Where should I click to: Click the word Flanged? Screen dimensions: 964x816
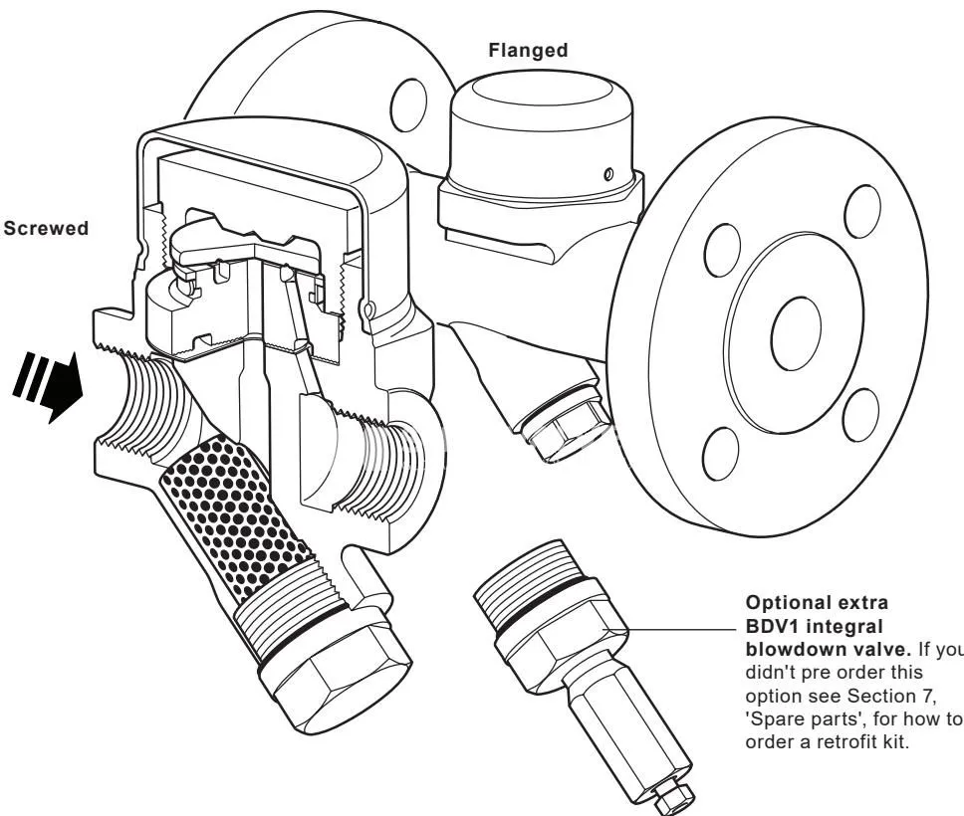pyautogui.click(x=528, y=50)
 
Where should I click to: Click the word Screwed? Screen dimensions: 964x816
pyautogui.click(x=46, y=228)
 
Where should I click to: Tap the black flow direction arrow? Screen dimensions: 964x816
pyautogui.click(x=48, y=385)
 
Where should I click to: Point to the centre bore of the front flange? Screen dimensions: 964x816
pyautogui.click(x=796, y=333)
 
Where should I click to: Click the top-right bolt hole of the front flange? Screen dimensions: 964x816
pyautogui.click(x=862, y=211)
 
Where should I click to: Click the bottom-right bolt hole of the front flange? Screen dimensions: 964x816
pyautogui.click(x=860, y=415)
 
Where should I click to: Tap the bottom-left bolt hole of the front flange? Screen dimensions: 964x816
pyautogui.click(x=721, y=454)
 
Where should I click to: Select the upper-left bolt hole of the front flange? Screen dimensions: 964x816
pyautogui.click(x=723, y=251)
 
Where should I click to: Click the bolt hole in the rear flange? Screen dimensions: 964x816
pyautogui.click(x=408, y=104)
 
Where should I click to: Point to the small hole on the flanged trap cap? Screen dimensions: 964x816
pyautogui.click(x=608, y=174)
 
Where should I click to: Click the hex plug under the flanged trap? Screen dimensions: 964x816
pyautogui.click(x=567, y=427)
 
